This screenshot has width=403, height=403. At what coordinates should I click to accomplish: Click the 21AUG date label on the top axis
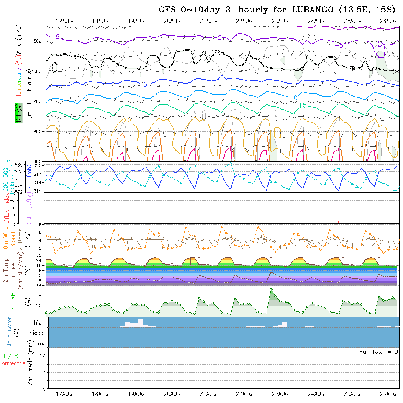coord(208,21)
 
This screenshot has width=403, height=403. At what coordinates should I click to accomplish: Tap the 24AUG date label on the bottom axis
coord(316,394)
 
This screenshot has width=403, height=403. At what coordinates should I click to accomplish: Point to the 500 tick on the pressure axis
coord(38,41)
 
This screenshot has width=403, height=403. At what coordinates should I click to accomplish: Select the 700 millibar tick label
coord(38,101)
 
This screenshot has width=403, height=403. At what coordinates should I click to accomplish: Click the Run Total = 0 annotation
coord(378,352)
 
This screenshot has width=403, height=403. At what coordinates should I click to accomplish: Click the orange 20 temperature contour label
coord(127,120)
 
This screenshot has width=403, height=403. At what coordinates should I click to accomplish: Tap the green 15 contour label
coord(303,106)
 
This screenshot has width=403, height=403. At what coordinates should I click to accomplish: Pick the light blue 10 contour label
coord(293,98)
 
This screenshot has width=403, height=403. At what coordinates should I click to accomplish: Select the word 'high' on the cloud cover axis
coord(39,323)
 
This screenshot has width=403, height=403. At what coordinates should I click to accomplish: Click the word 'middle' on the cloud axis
coord(37,333)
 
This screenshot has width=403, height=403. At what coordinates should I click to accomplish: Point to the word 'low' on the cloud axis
coord(40,344)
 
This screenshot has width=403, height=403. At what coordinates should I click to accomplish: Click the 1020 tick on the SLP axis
coord(38,165)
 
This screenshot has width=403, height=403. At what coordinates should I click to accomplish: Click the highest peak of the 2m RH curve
coord(271,288)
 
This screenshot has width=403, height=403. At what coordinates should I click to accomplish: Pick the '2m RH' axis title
coord(13,301)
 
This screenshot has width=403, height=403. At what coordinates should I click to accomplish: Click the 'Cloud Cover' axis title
coord(10,333)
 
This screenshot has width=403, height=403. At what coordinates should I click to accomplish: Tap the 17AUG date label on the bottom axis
coord(64,394)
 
